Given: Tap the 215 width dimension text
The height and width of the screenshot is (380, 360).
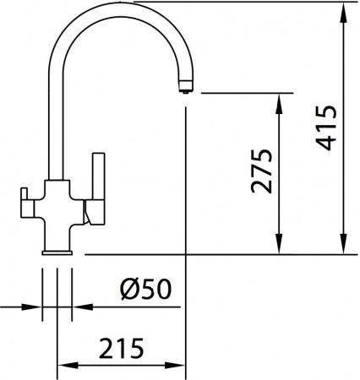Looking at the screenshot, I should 120,347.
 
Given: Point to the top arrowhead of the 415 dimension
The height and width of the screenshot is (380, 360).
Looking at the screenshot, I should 344,10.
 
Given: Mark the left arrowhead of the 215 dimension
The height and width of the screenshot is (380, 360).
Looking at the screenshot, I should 63,366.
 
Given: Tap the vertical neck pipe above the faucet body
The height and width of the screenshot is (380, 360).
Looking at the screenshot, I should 57,127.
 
